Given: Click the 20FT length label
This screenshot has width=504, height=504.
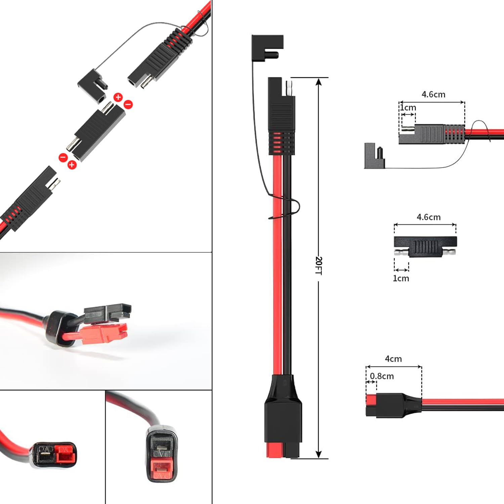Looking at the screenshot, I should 319,265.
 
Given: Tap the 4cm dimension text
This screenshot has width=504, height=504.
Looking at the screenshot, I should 393,359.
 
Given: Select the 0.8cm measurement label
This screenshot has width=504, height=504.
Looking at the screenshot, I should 382,376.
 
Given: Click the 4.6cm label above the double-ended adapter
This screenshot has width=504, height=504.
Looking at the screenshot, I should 428,217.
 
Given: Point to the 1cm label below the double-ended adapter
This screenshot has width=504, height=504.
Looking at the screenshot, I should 401,278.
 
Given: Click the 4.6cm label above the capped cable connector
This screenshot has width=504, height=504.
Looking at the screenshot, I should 433,94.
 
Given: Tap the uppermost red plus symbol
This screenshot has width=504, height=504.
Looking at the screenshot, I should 118,97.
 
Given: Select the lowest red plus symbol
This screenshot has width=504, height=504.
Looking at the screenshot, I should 72,165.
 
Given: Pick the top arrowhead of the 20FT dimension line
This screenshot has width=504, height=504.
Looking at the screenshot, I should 319,82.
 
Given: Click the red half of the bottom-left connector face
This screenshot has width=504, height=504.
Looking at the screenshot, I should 65,454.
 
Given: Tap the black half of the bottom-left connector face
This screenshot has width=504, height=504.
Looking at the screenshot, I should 45,455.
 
